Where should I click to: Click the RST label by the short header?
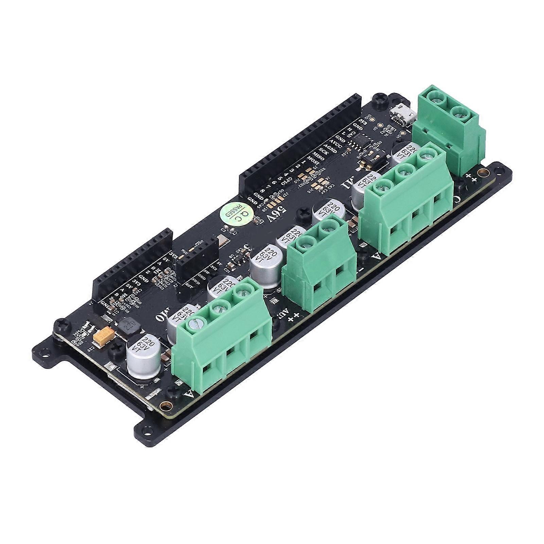(x=189, y=285)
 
